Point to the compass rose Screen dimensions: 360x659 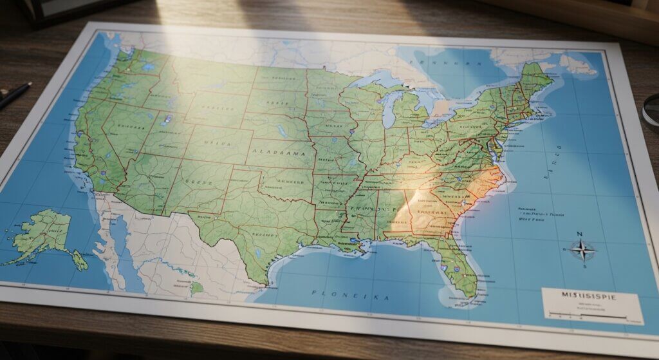pyautogui.click(x=582, y=250)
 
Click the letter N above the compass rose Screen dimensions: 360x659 pyautogui.click(x=579, y=234)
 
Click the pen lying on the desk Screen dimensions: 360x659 pyautogui.click(x=14, y=95)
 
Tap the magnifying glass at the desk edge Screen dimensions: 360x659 pyautogui.click(x=651, y=109)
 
